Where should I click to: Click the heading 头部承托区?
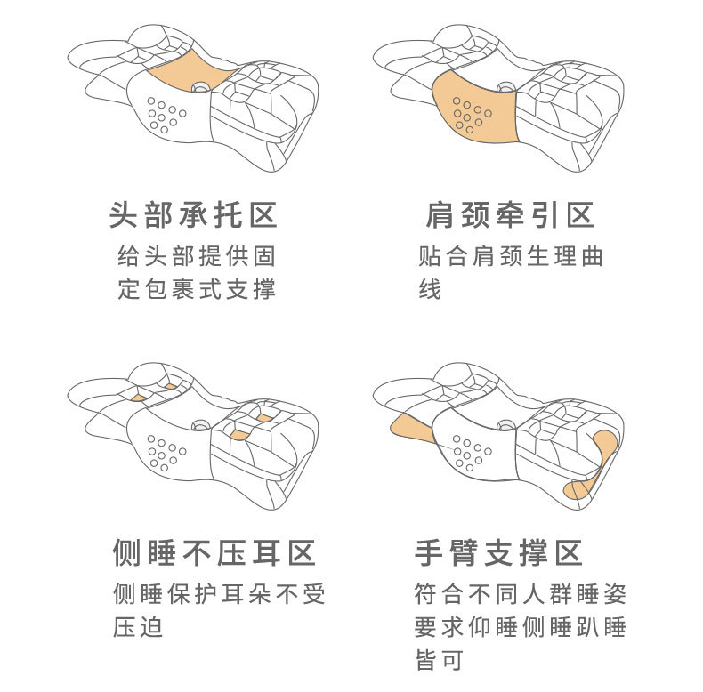[x=193, y=215]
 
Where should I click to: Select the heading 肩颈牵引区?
[x=510, y=215]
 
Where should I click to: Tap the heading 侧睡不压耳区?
[x=214, y=553]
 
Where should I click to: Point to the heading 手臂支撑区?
[x=499, y=553]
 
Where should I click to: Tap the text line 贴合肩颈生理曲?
[x=511, y=257]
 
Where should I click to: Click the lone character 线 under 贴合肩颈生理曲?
[x=430, y=290]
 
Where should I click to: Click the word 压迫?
[x=138, y=626]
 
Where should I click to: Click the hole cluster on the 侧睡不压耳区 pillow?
[x=166, y=452]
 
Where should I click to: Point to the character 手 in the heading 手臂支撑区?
[x=430, y=553]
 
